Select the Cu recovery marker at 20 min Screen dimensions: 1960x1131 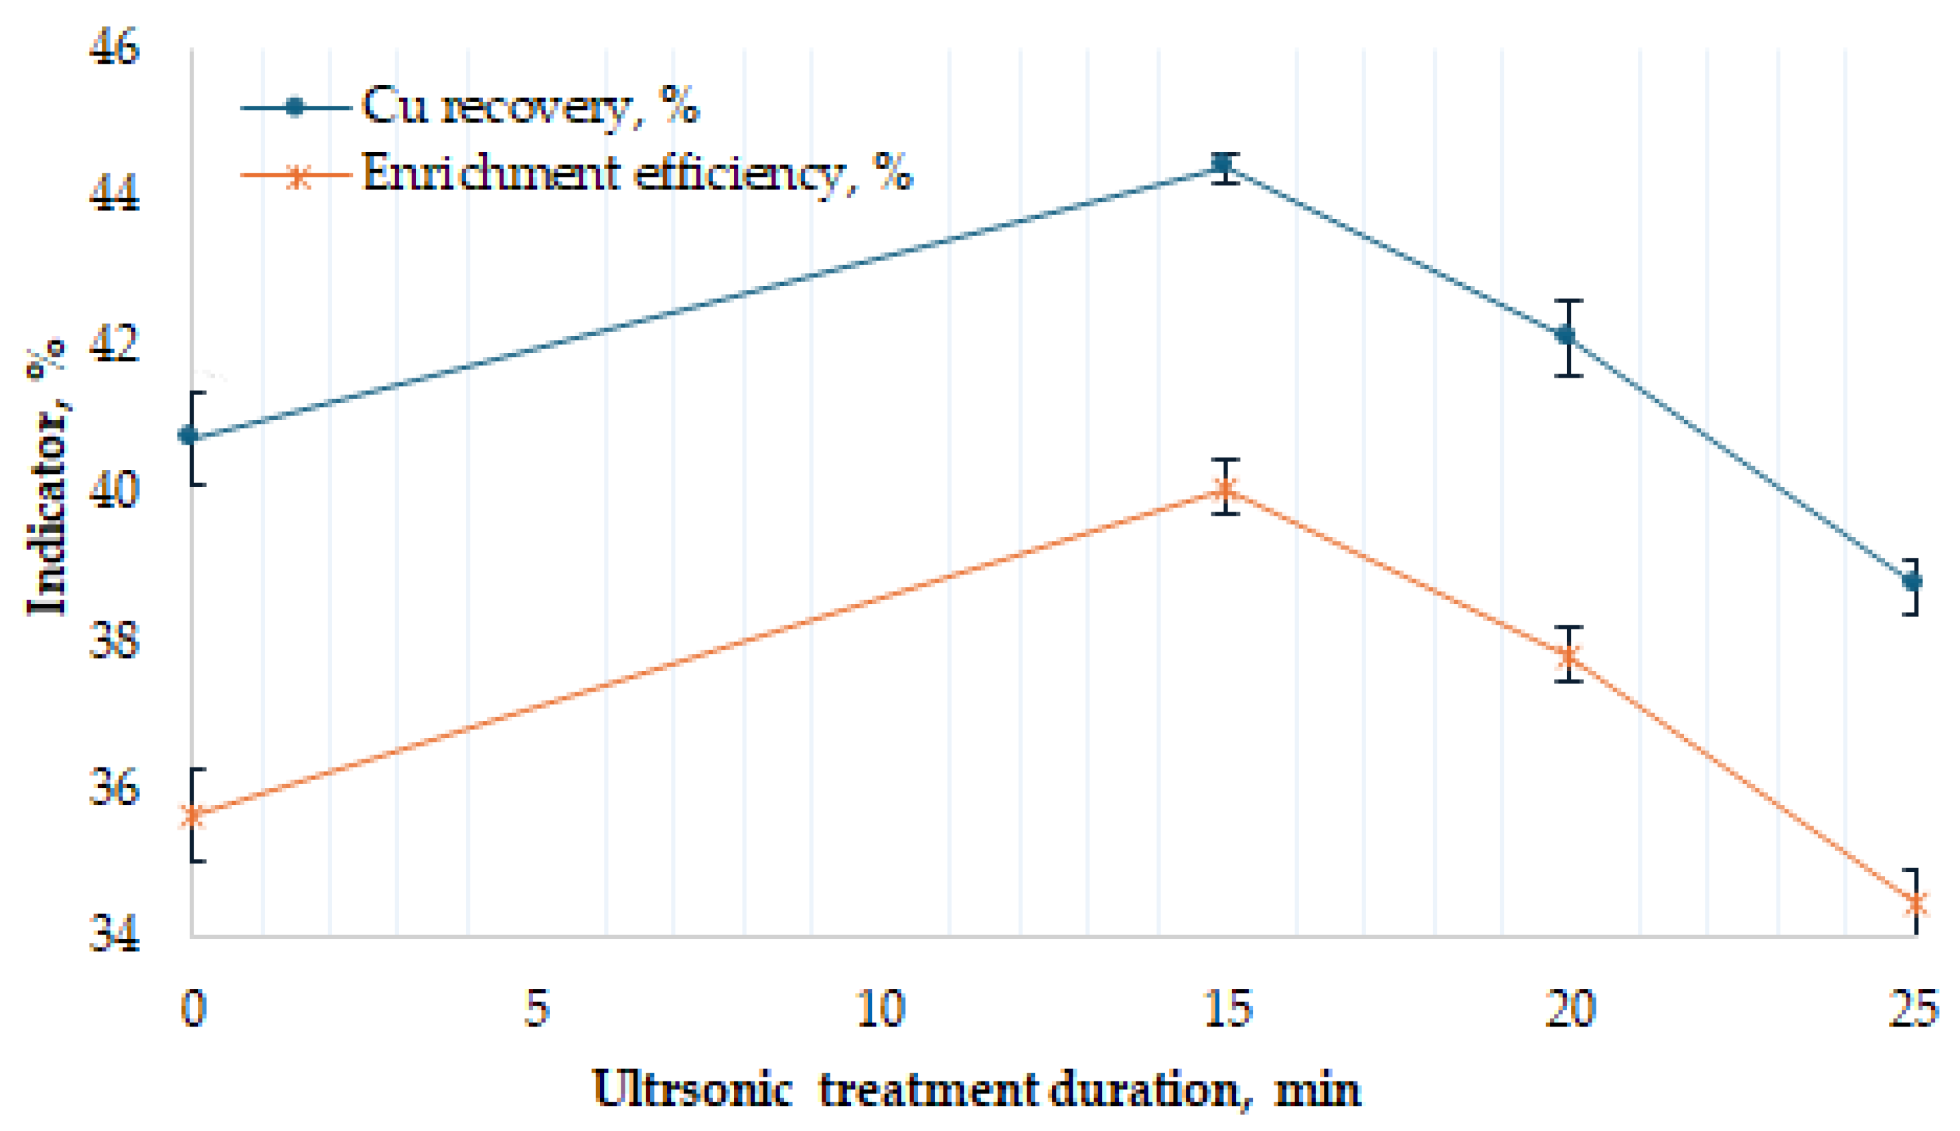coord(1567,335)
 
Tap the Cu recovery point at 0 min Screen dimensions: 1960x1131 coord(189,436)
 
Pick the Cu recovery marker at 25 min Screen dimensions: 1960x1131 coord(1912,581)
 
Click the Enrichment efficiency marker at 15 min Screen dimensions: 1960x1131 coord(1225,489)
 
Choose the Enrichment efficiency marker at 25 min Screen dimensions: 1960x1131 coord(1915,904)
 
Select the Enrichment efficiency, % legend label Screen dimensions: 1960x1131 coord(637,173)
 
